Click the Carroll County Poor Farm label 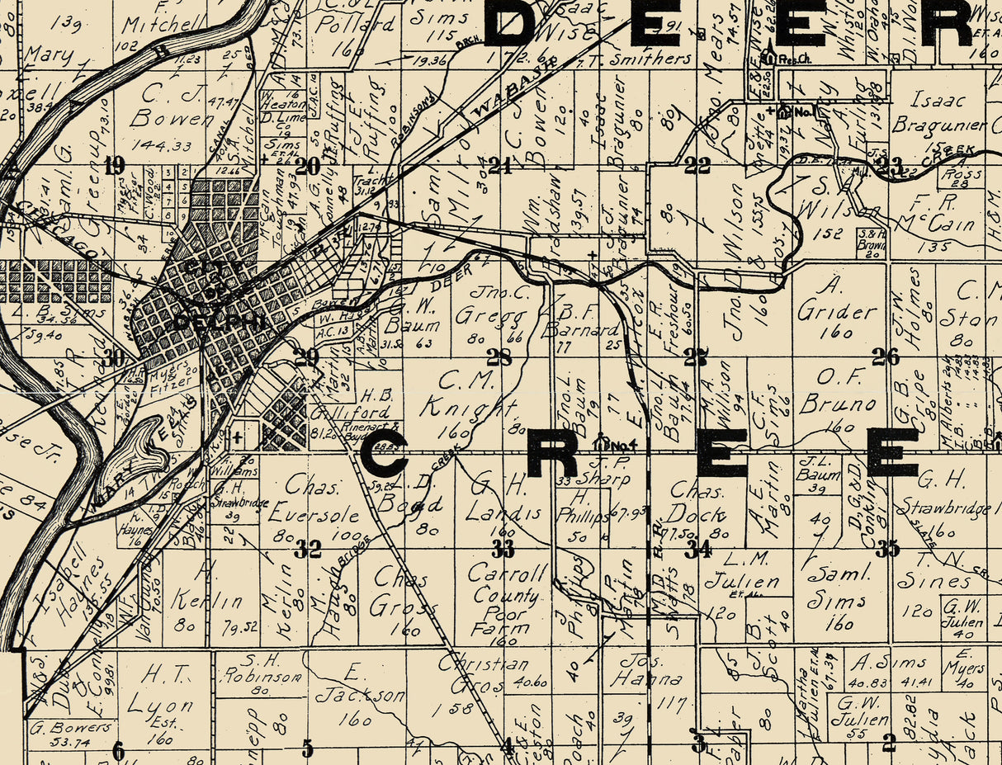point(506,596)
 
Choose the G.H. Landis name point(504,500)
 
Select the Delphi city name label point(220,323)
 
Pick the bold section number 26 point(886,357)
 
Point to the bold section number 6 point(118,749)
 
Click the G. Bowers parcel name point(71,728)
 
